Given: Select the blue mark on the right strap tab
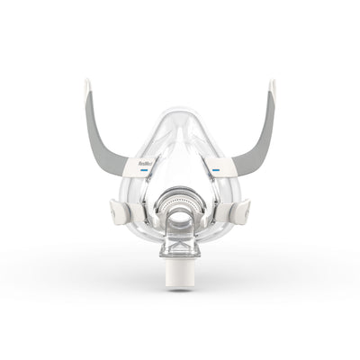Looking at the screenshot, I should [x=218, y=167].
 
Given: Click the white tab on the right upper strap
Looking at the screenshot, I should [x=219, y=164].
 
